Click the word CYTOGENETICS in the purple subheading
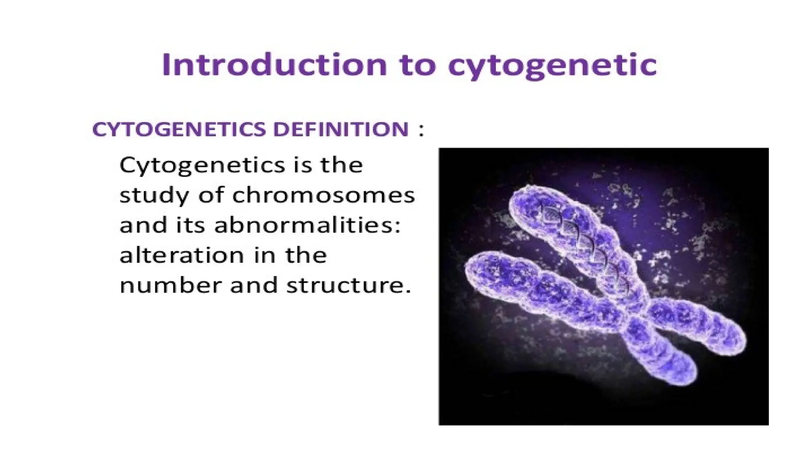pos(180,129)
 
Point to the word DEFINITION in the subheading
pos(341,129)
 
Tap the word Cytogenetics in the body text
pos(198,166)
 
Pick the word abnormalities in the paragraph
pos(307,225)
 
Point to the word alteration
pos(182,256)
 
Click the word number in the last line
pos(170,286)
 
